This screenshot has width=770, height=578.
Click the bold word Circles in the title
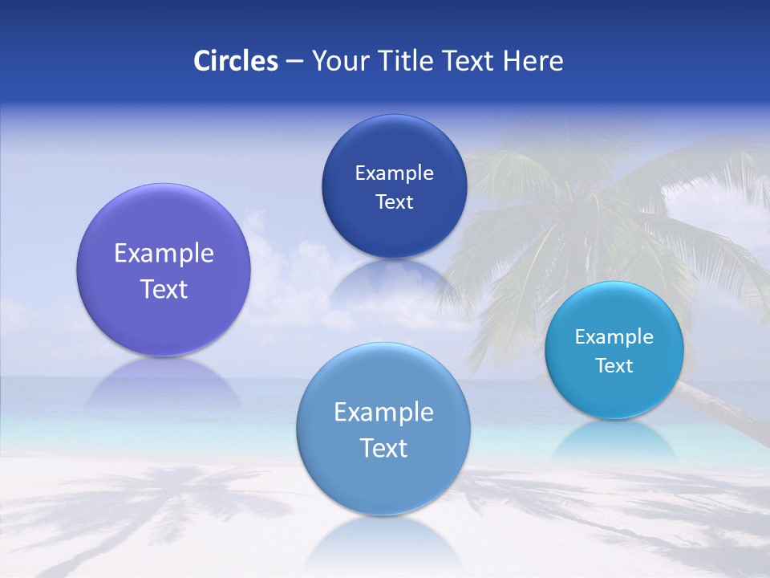(x=236, y=61)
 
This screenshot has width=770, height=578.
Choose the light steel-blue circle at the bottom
(x=383, y=482)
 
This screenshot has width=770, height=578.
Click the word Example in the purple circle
(x=164, y=254)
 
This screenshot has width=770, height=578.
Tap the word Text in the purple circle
(x=164, y=289)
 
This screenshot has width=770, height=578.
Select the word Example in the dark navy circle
(x=394, y=173)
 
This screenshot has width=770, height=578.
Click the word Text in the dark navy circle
(x=394, y=202)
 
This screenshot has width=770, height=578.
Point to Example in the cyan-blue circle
(x=614, y=337)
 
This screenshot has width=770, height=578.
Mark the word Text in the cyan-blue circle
(x=614, y=366)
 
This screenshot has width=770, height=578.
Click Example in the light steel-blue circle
(x=383, y=413)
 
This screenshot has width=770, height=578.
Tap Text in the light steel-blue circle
(x=383, y=448)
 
